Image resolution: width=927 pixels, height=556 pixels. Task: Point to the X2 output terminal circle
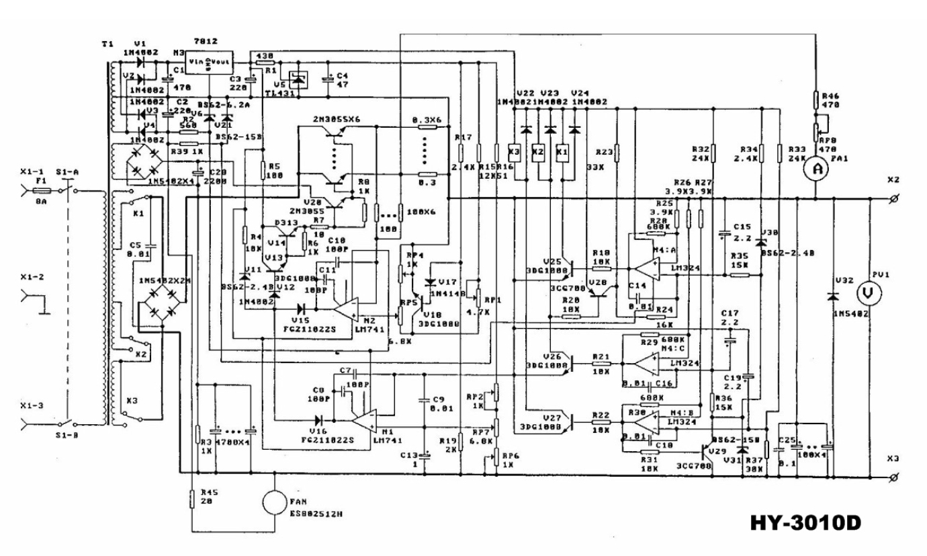(x=893, y=199)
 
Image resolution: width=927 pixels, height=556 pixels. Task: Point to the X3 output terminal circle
(x=893, y=476)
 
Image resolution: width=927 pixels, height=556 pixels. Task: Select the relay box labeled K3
(x=515, y=152)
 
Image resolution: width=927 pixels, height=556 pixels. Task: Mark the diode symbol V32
(x=834, y=296)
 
